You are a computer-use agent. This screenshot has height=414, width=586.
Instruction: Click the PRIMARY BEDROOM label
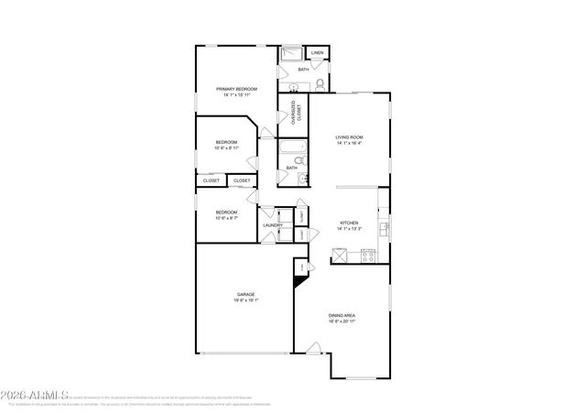coord(236,89)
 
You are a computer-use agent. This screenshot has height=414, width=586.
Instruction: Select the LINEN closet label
coord(318,53)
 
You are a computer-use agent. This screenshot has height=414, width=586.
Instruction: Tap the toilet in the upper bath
coord(320,84)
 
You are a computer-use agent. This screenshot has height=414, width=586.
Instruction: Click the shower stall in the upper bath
coord(291,53)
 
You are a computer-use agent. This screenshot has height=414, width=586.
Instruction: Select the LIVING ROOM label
coord(349,136)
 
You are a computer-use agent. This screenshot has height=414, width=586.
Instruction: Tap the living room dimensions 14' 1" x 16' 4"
coord(349,143)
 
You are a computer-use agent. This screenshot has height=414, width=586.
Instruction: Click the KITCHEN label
coord(349,223)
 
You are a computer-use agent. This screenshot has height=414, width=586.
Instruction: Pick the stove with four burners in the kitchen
coord(368,257)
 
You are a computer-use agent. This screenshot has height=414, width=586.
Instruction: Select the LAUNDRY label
coord(272,224)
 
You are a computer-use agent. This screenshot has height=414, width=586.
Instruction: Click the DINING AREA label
coord(342,316)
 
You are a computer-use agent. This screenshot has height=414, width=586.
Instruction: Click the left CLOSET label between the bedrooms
coord(211,180)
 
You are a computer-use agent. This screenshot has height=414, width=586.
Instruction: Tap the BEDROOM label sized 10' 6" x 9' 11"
coord(226,142)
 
